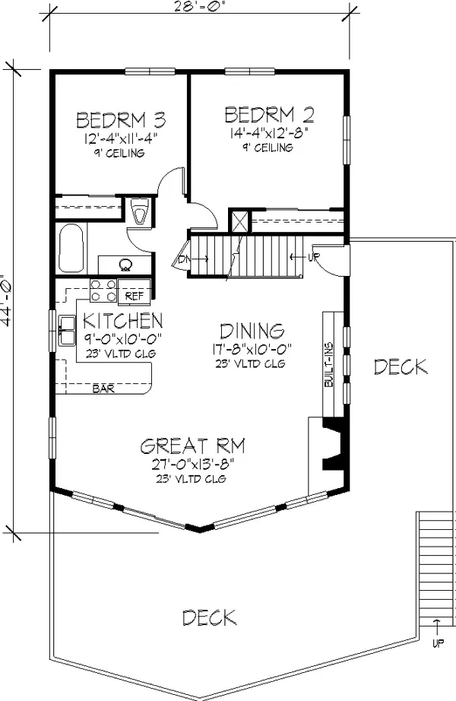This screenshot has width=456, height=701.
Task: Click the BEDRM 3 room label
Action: click(x=121, y=120)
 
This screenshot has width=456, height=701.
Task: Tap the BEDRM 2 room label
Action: click(x=269, y=115)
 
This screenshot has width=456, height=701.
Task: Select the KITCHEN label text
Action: click(x=123, y=321)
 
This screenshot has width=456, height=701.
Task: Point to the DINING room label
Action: click(x=252, y=331)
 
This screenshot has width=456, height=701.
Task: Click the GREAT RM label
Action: click(x=193, y=446)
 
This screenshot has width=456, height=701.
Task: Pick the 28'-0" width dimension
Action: click(x=198, y=5)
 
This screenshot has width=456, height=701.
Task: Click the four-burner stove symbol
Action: click(x=103, y=290)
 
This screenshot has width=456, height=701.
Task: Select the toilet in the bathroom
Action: click(x=140, y=211)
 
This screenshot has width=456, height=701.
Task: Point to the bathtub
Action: click(x=71, y=248)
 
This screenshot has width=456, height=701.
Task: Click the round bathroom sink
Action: click(x=125, y=265)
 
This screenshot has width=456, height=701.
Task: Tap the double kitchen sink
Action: click(x=67, y=331)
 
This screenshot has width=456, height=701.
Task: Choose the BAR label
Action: click(x=103, y=389)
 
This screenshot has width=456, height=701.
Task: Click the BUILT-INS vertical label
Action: click(x=329, y=365)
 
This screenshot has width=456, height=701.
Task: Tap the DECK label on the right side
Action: click(x=401, y=367)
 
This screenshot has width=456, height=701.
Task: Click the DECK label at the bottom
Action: click(x=209, y=617)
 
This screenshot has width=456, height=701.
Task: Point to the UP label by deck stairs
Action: click(x=438, y=644)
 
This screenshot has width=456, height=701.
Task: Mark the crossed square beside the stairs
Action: click(x=239, y=220)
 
